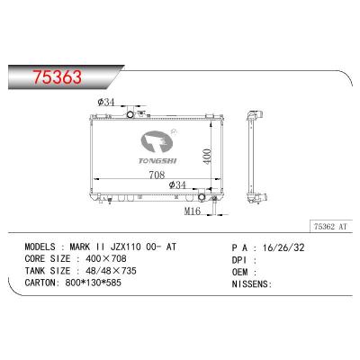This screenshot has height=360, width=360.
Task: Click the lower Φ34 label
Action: [x=178, y=184]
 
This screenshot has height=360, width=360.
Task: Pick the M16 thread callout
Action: [x=192, y=211]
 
